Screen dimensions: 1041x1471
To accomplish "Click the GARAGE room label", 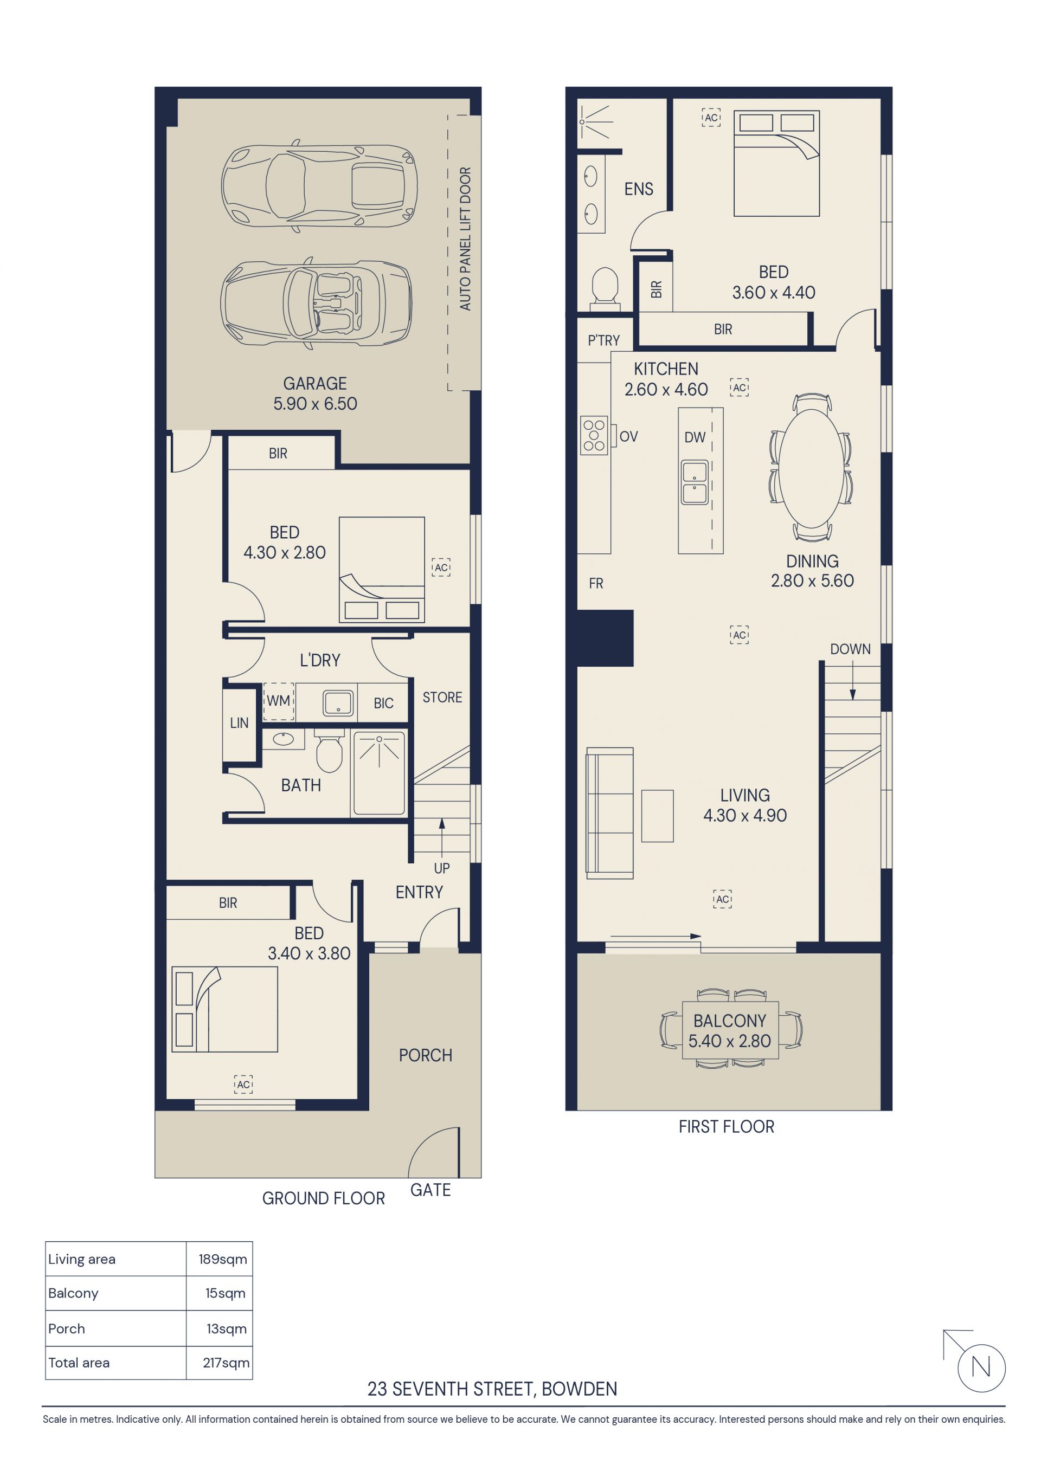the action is (x=314, y=383).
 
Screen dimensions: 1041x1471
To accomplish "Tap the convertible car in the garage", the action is (x=316, y=304).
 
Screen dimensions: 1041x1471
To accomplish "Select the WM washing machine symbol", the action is (x=278, y=701).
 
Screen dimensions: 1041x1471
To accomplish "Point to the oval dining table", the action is (x=812, y=468).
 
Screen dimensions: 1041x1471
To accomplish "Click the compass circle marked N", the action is (x=981, y=1368).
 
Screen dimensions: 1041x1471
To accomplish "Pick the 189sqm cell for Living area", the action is (x=222, y=1259).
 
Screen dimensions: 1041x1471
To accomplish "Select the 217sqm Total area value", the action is (x=226, y=1363).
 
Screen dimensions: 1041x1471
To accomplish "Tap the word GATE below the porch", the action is (x=430, y=1190).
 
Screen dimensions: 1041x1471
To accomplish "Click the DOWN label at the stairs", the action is (x=850, y=649).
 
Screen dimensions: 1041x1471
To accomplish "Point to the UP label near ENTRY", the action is (x=442, y=868).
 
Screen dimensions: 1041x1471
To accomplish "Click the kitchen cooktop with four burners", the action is (x=594, y=436).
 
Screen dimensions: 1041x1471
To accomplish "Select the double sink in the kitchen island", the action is (x=694, y=482).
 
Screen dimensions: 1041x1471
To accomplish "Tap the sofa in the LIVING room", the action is (x=609, y=813).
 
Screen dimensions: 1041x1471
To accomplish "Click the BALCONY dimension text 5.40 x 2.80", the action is (x=729, y=1041).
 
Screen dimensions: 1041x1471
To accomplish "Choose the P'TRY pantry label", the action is (x=604, y=340).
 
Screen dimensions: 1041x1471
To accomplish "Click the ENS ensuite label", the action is (x=639, y=189).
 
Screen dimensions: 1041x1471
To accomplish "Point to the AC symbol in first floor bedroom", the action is (x=711, y=117).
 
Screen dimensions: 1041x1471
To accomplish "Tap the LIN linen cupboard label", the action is (x=239, y=722).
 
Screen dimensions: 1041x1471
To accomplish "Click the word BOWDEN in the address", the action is (x=580, y=1389).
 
